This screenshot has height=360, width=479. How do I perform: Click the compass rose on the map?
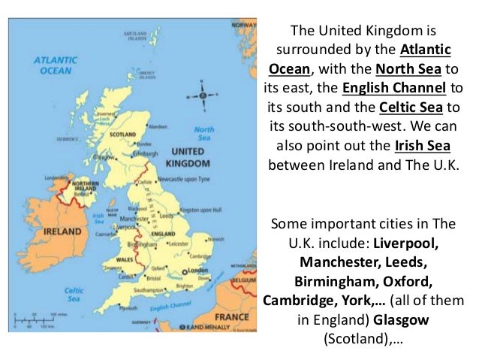pyautogui.click(x=203, y=96)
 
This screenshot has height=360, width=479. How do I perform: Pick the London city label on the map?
pyautogui.click(x=197, y=270)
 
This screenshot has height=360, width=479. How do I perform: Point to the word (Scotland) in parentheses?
pyautogui.click(x=354, y=339)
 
